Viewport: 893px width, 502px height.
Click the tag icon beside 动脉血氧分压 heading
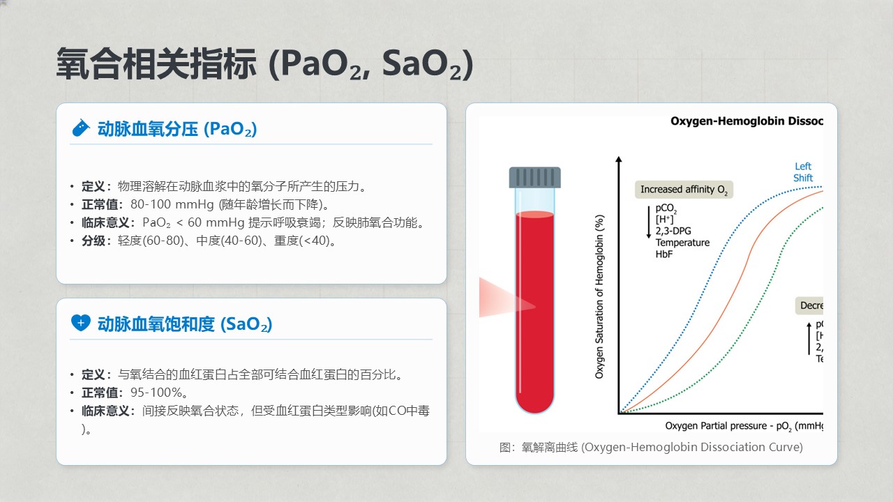pyautogui.click(x=80, y=128)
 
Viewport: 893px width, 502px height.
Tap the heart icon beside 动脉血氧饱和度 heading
pyautogui.click(x=80, y=323)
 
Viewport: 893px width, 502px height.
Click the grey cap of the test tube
pyautogui.click(x=534, y=177)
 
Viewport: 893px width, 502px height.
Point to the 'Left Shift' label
pyautogui.click(x=802, y=172)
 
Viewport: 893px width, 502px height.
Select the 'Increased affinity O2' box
pyautogui.click(x=684, y=190)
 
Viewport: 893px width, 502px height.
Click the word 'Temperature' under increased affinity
pyautogui.click(x=682, y=243)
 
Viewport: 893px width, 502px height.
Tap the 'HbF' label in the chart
pyautogui.click(x=663, y=254)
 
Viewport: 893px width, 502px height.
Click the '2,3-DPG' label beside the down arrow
pyautogui.click(x=673, y=231)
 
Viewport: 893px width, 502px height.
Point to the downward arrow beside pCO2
pyautogui.click(x=649, y=222)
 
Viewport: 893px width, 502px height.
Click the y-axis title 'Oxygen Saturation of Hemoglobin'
pyautogui.click(x=599, y=297)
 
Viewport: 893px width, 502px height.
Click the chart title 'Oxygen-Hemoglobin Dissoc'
pyautogui.click(x=746, y=121)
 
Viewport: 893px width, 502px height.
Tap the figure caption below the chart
pyautogui.click(x=651, y=447)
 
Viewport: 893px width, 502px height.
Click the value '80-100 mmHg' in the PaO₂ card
pyautogui.click(x=172, y=204)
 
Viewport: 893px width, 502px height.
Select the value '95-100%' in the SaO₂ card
pyautogui.click(x=156, y=393)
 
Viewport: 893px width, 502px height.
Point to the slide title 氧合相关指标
pyautogui.click(x=156, y=63)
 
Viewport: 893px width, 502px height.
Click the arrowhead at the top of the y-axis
pyautogui.click(x=619, y=160)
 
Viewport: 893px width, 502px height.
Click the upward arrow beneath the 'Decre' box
pyautogui.click(x=809, y=339)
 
